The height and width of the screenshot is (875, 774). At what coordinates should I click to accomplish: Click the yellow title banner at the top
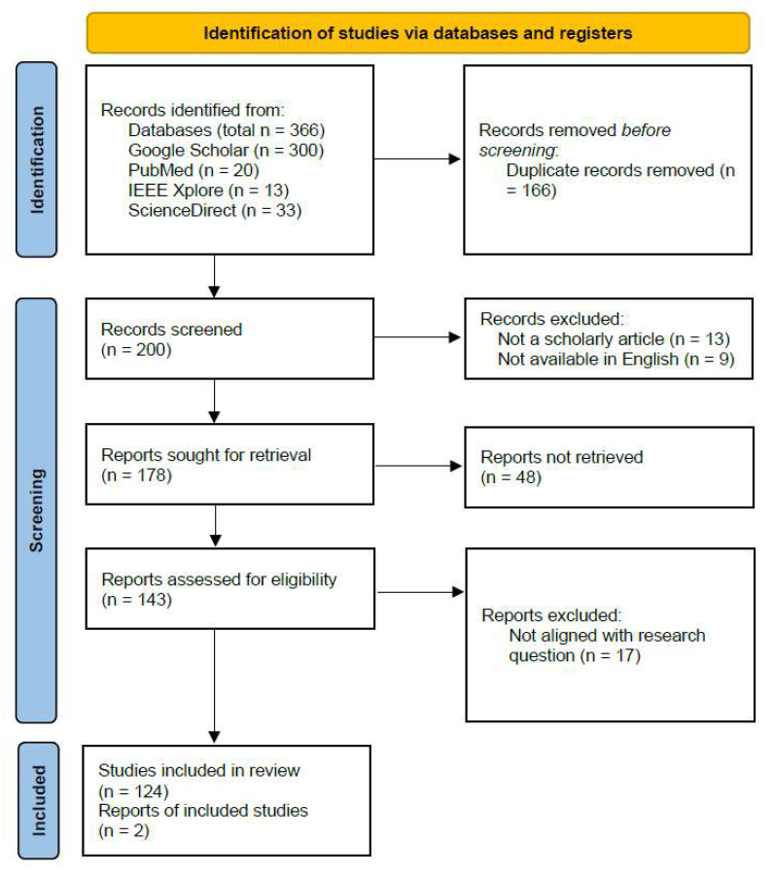(x=418, y=33)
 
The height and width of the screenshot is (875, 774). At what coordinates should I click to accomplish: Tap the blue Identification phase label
(x=37, y=159)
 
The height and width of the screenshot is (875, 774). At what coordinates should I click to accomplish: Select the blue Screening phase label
(x=37, y=510)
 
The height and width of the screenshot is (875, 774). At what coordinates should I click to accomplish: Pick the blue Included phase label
(x=39, y=800)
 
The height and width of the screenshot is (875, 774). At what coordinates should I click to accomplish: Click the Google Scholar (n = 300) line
(x=226, y=150)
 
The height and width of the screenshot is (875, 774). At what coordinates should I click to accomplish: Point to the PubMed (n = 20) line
(x=193, y=170)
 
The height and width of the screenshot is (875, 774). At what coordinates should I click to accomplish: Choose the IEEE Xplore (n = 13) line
(x=209, y=191)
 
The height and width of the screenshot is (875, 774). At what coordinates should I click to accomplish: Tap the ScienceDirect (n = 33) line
(x=215, y=210)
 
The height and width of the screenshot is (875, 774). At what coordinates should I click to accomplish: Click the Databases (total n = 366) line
(x=227, y=130)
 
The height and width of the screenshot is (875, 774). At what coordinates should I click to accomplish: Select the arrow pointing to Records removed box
(x=417, y=159)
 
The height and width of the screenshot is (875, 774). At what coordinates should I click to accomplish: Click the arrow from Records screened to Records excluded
(x=417, y=337)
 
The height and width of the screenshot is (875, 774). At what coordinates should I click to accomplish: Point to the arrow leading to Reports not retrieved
(x=418, y=466)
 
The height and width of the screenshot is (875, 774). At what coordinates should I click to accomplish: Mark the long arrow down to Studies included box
(x=214, y=685)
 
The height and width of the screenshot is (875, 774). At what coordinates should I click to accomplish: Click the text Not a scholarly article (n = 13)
(x=614, y=338)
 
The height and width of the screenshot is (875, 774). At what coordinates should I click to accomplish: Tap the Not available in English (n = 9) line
(x=616, y=359)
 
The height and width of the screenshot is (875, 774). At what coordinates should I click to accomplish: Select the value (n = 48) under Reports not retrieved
(x=511, y=477)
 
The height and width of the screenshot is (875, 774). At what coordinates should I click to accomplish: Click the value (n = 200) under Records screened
(x=136, y=350)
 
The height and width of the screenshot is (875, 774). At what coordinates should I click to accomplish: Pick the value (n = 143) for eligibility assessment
(x=137, y=600)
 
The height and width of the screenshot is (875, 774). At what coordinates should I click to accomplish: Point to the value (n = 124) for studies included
(x=133, y=791)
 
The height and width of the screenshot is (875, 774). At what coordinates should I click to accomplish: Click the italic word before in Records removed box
(x=647, y=130)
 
